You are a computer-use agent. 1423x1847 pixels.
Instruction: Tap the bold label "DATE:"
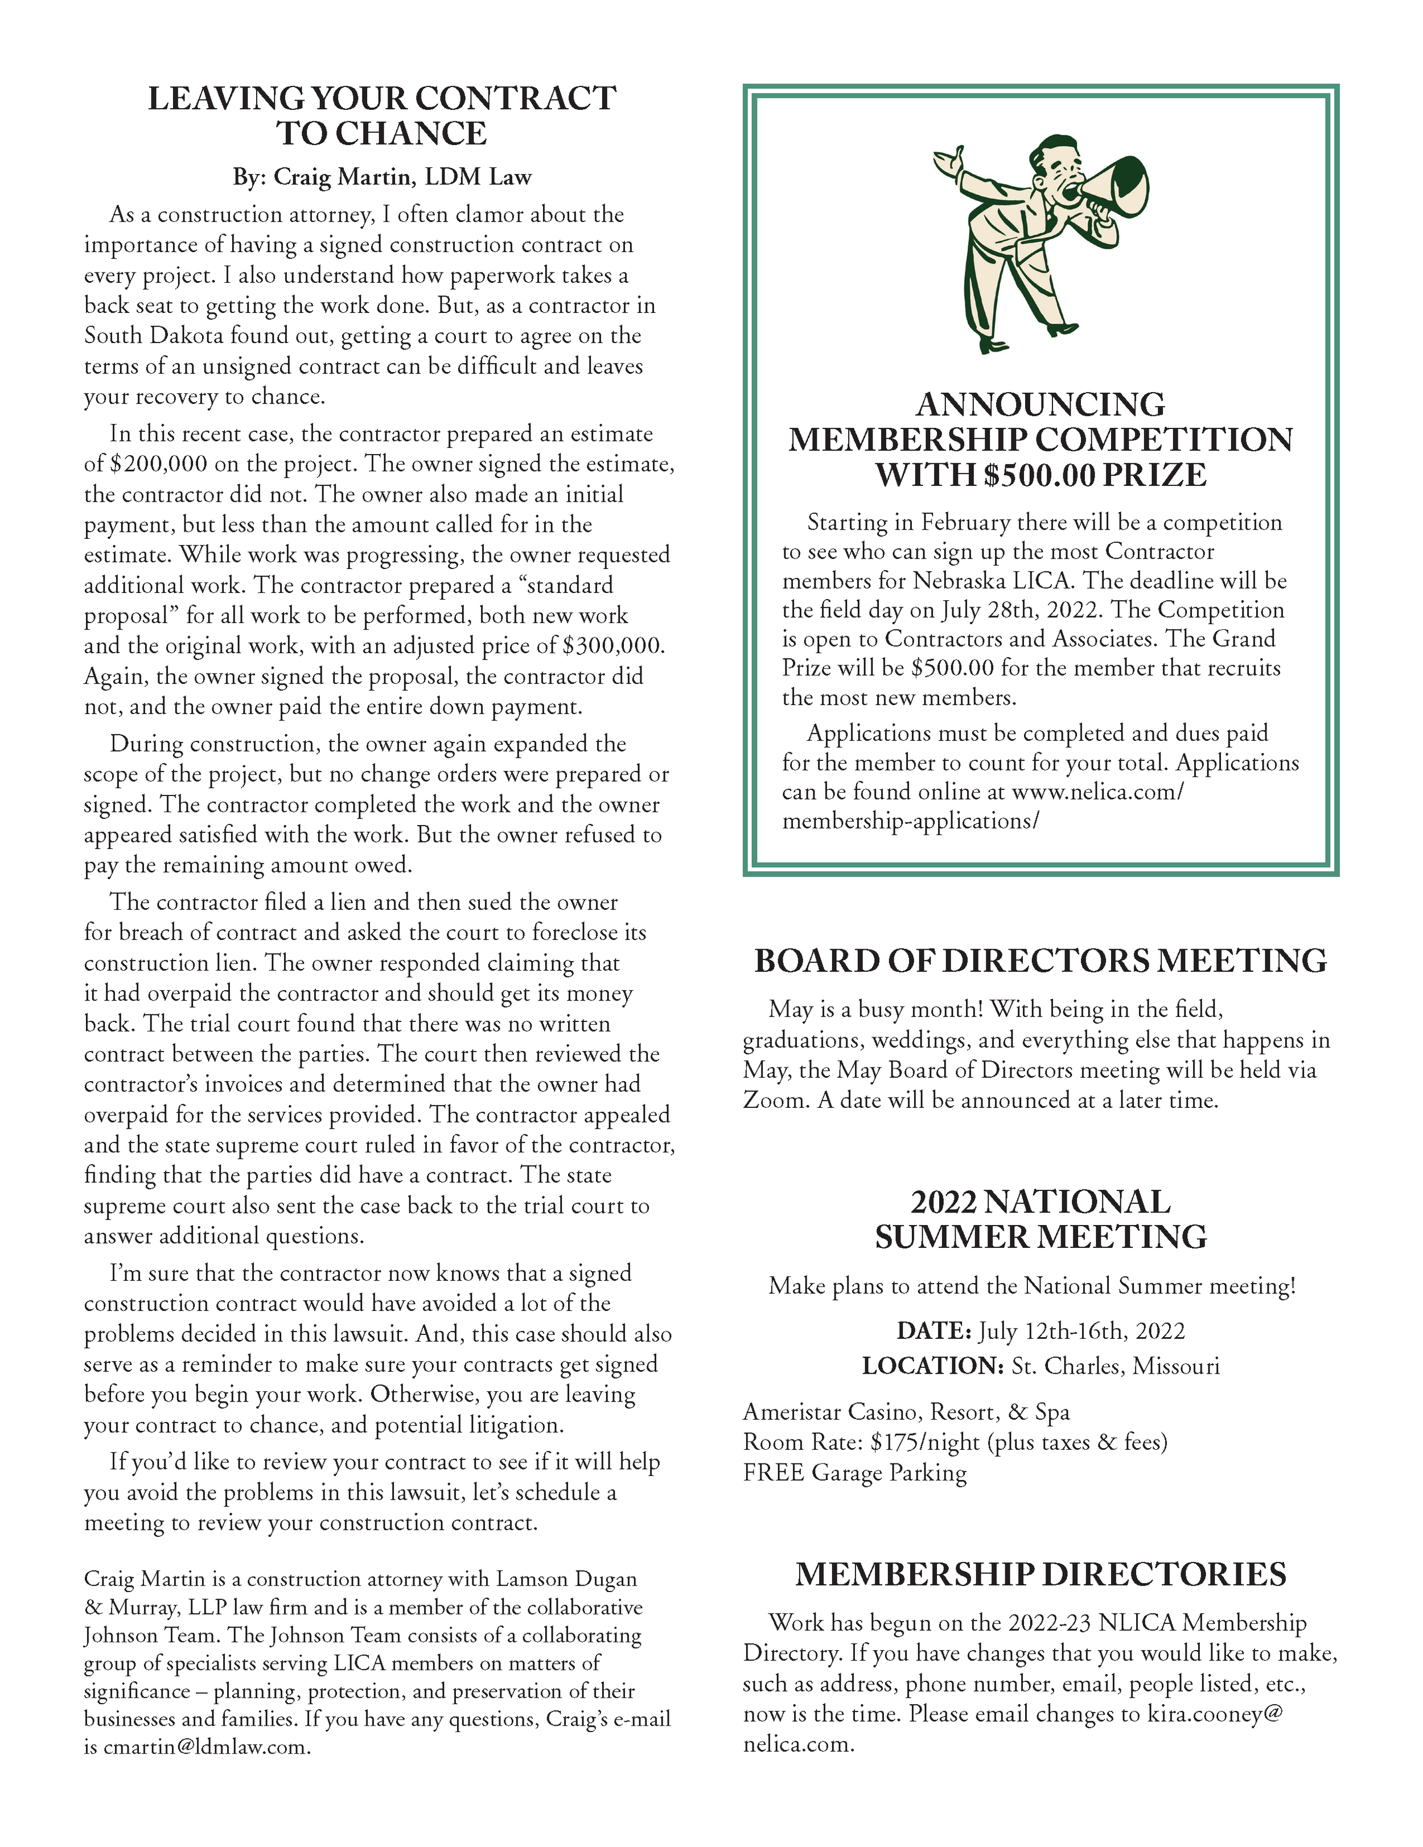point(933,1331)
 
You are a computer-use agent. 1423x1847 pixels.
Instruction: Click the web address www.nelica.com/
point(1097,793)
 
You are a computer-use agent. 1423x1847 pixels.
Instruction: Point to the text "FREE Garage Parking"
point(854,1473)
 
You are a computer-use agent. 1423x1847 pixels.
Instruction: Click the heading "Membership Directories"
point(1040,1574)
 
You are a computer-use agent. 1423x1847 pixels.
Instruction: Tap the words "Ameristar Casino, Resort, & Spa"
point(906,1412)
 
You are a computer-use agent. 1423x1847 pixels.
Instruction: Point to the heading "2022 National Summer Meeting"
point(1040,1219)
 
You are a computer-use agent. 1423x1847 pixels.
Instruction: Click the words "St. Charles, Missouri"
point(1115,1366)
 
